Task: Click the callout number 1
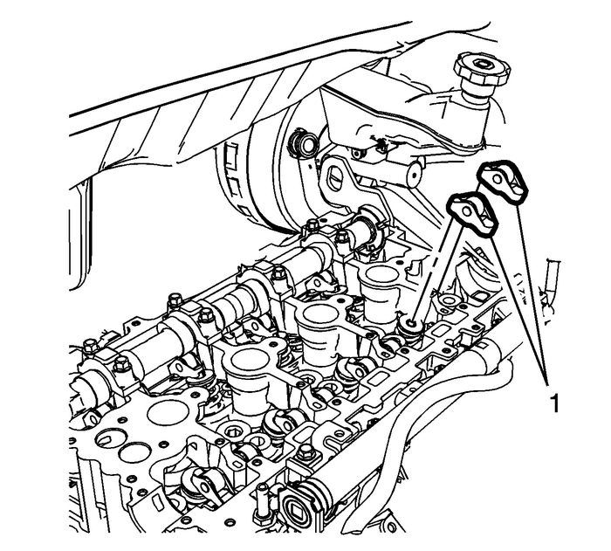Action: tap(551, 380)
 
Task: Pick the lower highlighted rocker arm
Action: tap(471, 213)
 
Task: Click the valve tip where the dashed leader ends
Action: tap(410, 323)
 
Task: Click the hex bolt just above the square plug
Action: tap(306, 453)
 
